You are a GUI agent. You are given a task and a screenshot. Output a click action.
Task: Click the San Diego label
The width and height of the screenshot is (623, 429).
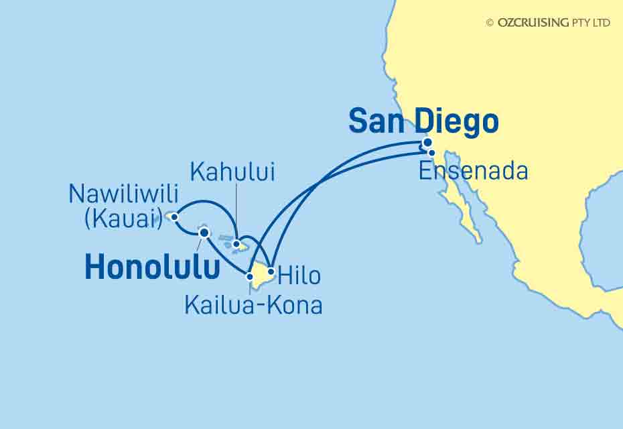click(424, 122)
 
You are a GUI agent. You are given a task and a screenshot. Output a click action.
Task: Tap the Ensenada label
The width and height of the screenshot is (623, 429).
click(473, 171)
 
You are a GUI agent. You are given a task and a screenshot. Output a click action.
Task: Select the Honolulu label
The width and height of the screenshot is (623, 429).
click(153, 268)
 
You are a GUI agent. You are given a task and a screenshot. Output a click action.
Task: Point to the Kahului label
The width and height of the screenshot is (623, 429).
click(233, 172)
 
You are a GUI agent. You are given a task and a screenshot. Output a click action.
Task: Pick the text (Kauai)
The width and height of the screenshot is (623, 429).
click(123, 219)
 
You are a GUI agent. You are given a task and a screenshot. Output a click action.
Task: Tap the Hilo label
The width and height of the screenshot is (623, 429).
click(299, 275)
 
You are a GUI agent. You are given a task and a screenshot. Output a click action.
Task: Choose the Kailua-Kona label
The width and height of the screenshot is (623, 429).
click(253, 306)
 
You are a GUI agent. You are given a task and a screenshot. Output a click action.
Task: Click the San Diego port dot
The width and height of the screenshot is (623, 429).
click(427, 142)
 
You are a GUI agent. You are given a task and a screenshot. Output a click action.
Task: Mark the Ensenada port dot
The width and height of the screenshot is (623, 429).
click(432, 153)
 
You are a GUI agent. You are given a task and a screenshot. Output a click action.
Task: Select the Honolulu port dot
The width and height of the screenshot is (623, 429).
click(204, 233)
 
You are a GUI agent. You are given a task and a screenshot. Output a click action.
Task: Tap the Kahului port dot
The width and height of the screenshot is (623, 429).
click(236, 244)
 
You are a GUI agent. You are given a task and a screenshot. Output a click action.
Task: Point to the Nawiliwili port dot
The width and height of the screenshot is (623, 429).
click(174, 217)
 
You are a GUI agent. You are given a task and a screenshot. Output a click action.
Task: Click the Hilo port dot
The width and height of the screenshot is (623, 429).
click(271, 272)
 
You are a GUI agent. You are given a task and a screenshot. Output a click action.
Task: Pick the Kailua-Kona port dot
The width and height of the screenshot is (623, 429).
click(250, 276)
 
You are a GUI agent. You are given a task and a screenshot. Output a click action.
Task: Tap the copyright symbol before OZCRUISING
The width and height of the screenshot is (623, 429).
click(490, 22)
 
